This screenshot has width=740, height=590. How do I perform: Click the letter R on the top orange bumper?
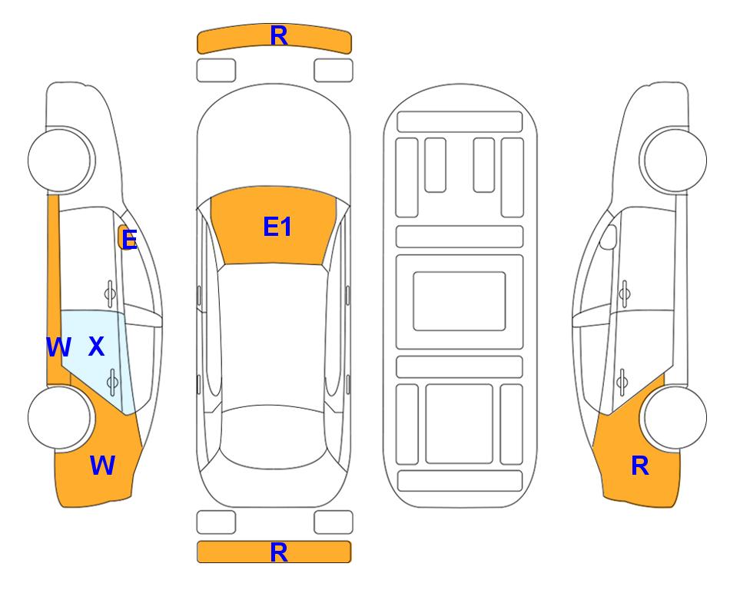click(x=279, y=36)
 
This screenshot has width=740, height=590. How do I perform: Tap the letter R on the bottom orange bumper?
click(x=279, y=552)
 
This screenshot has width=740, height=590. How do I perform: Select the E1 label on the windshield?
click(x=277, y=227)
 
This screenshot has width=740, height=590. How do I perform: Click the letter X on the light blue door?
click(x=96, y=346)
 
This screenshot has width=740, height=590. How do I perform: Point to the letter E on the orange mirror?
click(x=129, y=240)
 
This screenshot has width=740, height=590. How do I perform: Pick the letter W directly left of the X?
click(x=58, y=347)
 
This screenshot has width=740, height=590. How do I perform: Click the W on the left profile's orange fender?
click(x=102, y=466)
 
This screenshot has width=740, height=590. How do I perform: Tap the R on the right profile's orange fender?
click(x=640, y=466)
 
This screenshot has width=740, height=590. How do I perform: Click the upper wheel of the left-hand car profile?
click(x=61, y=160)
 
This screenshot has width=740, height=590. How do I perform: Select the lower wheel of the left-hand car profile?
click(x=60, y=418)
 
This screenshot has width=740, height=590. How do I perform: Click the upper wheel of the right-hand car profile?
click(x=673, y=160)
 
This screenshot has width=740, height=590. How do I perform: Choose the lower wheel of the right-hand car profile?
click(x=675, y=418)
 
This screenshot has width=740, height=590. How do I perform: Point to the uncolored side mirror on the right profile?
click(x=609, y=237)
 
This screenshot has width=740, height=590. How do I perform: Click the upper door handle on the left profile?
click(x=110, y=293)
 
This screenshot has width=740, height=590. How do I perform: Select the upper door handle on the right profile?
click(x=625, y=293)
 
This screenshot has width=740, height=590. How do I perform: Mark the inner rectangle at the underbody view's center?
click(x=460, y=301)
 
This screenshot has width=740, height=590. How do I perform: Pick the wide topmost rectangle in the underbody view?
click(x=460, y=122)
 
